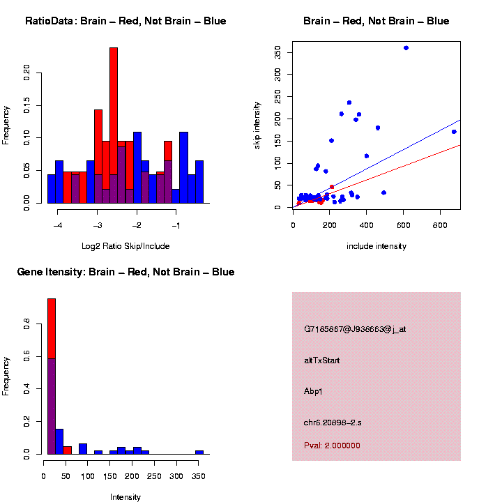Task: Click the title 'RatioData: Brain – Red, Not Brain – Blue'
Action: click(125, 21)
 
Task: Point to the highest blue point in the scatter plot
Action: click(406, 47)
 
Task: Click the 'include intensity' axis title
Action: click(376, 246)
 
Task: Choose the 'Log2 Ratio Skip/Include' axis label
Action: click(125, 245)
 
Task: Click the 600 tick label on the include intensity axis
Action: click(404, 225)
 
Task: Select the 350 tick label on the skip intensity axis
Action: click(278, 52)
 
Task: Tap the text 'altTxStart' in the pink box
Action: click(322, 360)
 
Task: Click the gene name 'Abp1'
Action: click(313, 391)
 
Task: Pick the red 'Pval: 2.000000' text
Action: click(332, 446)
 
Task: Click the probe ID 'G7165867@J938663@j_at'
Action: click(355, 329)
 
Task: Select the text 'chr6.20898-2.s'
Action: click(333, 423)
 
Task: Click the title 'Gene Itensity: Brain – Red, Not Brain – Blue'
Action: click(125, 272)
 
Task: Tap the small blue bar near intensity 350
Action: click(199, 452)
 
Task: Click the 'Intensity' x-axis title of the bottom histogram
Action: click(125, 497)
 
